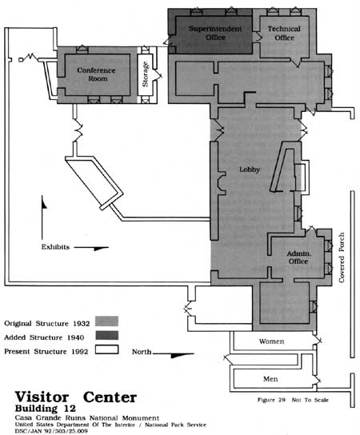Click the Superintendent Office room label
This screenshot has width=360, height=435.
click(215, 33)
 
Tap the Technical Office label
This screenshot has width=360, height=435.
click(284, 33)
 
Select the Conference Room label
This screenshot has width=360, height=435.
click(96, 74)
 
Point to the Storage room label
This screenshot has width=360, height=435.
click(145, 74)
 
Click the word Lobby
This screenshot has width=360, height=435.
click(250, 170)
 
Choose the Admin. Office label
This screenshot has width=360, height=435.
click(298, 257)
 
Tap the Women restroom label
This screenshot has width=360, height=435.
click(271, 341)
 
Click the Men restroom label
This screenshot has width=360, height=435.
click(270, 379)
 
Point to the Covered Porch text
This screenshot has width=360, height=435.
click(342, 257)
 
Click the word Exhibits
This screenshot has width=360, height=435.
click(55, 247)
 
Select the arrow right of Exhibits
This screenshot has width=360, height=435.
click(91, 248)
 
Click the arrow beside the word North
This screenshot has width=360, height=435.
click(173, 355)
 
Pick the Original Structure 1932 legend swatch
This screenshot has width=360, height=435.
click(107, 321)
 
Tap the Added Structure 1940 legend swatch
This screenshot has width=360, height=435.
click(107, 335)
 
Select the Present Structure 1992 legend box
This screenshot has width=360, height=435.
click(107, 349)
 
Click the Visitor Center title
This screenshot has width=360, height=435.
click(75, 397)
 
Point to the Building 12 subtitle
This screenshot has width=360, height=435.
click(46, 409)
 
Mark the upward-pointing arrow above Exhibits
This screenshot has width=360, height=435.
click(42, 217)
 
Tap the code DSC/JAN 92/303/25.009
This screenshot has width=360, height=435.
click(51, 431)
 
